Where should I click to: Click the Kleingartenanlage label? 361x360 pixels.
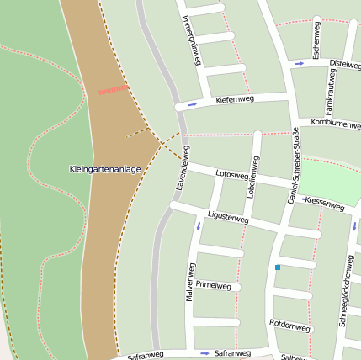[104, 169]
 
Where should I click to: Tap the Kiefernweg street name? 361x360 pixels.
[235, 100]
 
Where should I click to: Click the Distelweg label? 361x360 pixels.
[344, 64]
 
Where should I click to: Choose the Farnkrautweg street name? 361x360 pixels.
[330, 96]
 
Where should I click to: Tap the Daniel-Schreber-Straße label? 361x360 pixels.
[295, 165]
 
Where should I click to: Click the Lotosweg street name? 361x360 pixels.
[231, 174]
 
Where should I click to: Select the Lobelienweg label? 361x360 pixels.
[252, 178]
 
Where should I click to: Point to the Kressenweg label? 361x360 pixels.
[324, 203]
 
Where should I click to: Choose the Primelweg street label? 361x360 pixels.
[213, 285]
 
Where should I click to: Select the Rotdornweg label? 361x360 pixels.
[289, 324]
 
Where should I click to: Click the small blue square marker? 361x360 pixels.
[278, 267]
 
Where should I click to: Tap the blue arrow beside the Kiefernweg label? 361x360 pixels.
[193, 104]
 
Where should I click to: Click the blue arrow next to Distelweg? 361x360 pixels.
[300, 63]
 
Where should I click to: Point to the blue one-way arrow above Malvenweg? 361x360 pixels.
[199, 225]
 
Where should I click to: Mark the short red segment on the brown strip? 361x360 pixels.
[114, 89]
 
